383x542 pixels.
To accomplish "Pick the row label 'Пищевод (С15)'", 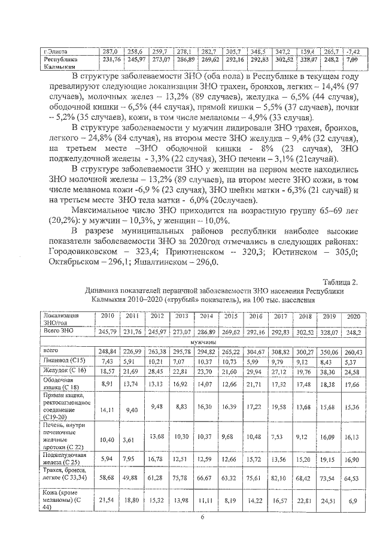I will click(x=60, y=361).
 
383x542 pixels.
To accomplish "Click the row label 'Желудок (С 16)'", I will click(x=61, y=373).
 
